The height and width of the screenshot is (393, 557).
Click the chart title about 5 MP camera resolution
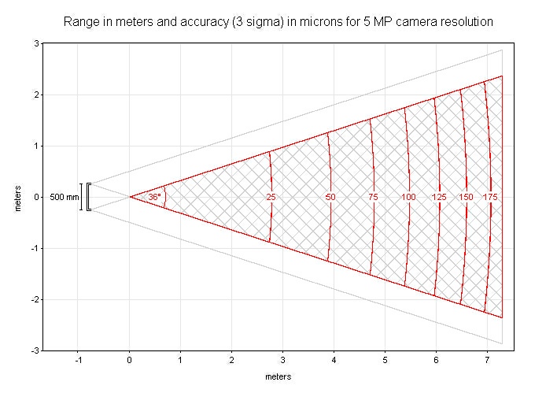point(278,22)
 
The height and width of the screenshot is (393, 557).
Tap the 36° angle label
point(154,197)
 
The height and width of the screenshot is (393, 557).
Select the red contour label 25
point(271,197)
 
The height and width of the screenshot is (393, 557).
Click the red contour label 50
point(330,197)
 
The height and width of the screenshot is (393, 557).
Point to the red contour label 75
point(373,197)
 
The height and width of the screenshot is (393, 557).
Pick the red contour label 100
point(408,197)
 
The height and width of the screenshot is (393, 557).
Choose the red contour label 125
point(440,197)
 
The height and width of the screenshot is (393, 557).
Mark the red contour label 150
point(466,197)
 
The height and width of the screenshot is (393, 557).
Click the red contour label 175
point(490,197)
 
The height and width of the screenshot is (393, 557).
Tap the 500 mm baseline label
point(65,197)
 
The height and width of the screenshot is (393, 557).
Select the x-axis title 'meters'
point(278,376)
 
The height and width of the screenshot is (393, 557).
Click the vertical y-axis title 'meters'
point(17,197)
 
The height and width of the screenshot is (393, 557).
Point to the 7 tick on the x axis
point(487,361)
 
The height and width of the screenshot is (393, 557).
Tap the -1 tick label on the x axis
point(77,361)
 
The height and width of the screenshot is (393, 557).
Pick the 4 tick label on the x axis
point(334,361)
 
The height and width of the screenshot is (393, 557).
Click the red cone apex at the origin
point(130,197)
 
